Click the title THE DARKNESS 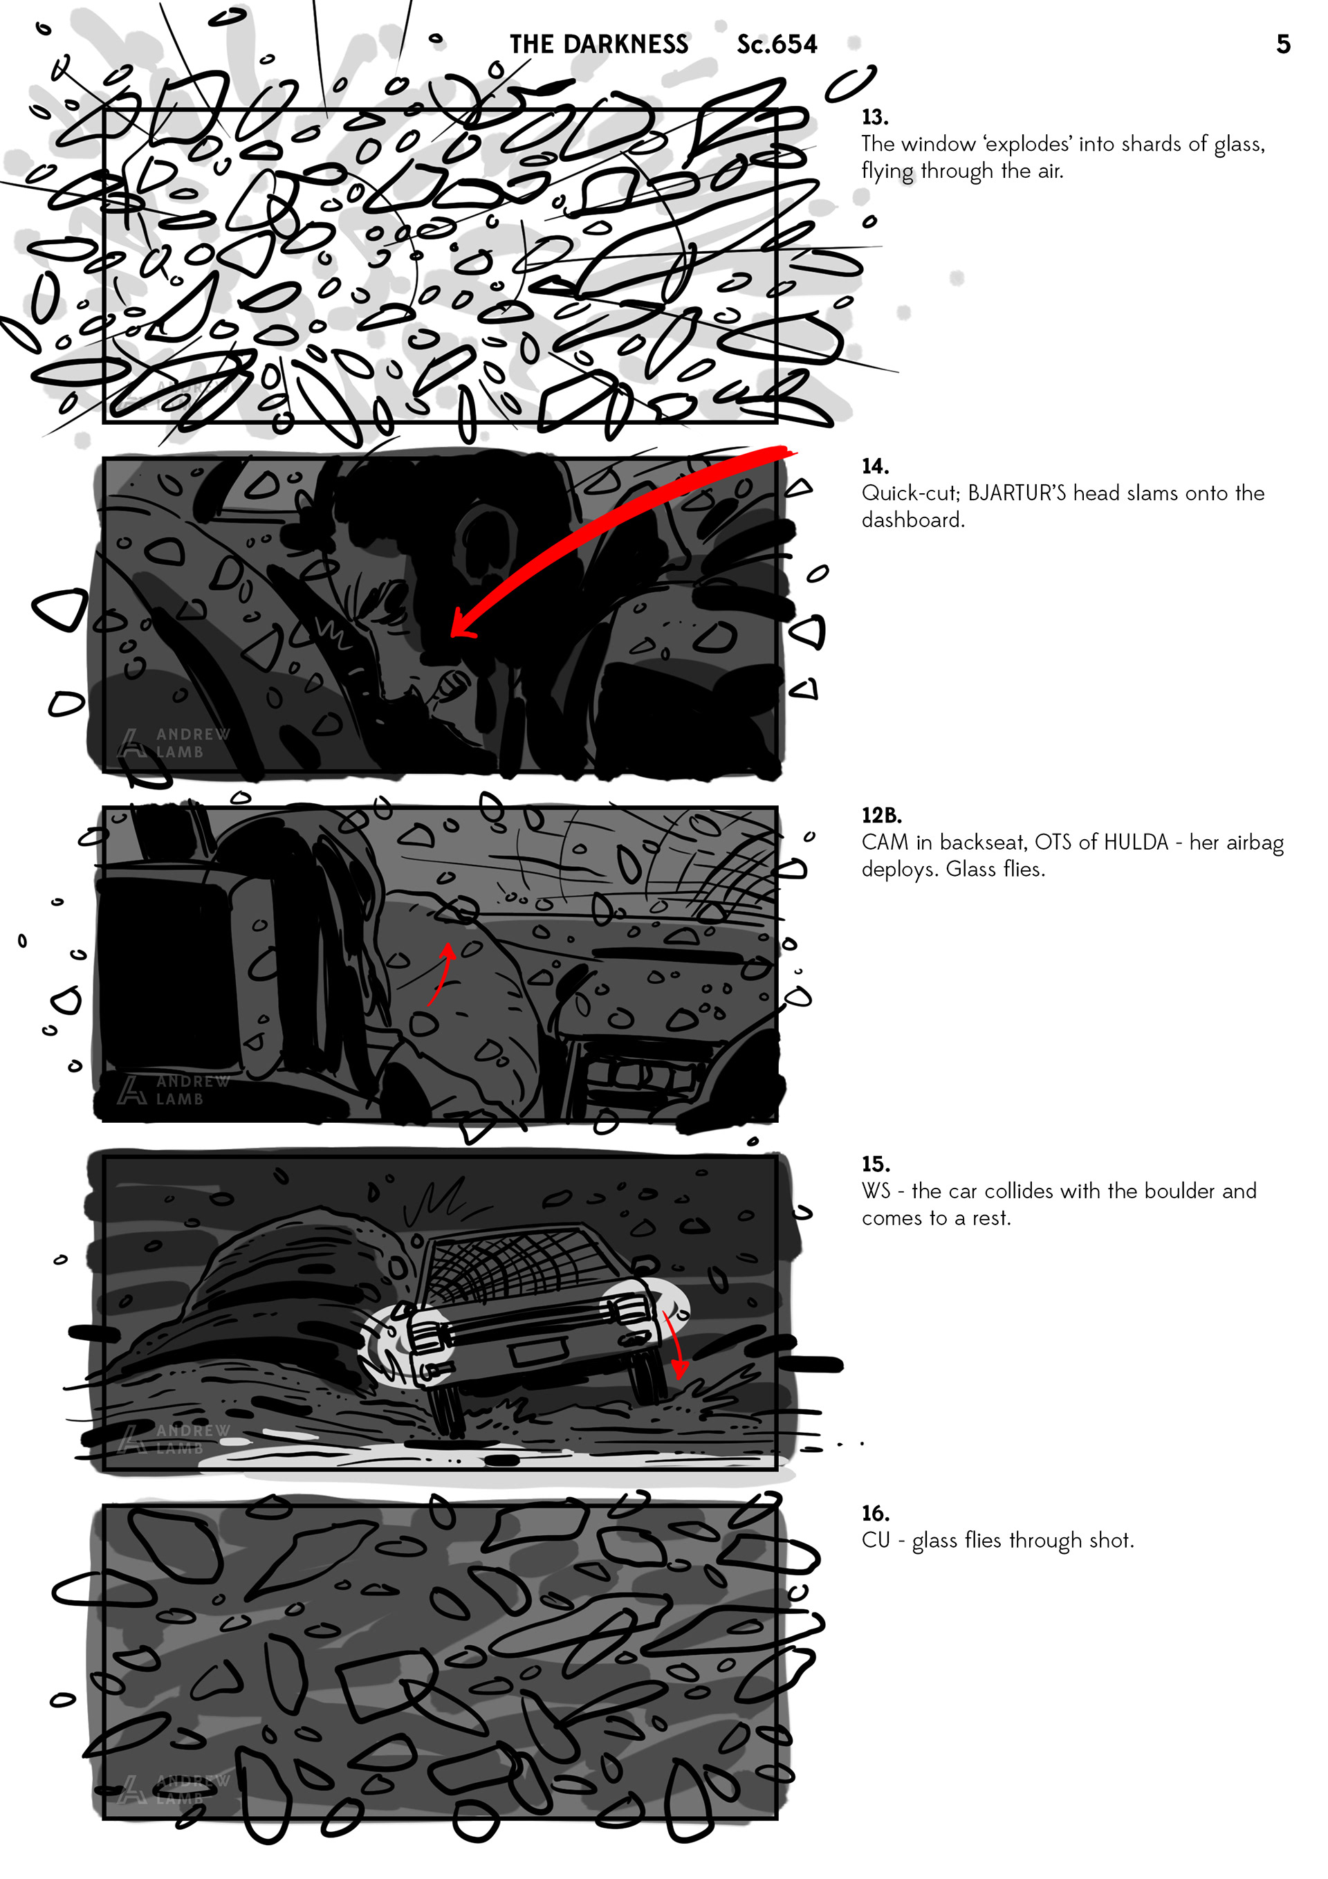tap(599, 44)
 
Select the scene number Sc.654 tap(777, 44)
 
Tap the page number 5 tap(1283, 44)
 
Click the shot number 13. tap(875, 117)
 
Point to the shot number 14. tap(876, 466)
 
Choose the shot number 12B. tap(881, 815)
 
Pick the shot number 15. tap(876, 1164)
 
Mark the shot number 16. tap(876, 1513)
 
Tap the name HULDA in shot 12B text tap(1132, 842)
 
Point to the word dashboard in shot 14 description tap(913, 520)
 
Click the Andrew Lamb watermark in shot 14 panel tap(174, 743)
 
